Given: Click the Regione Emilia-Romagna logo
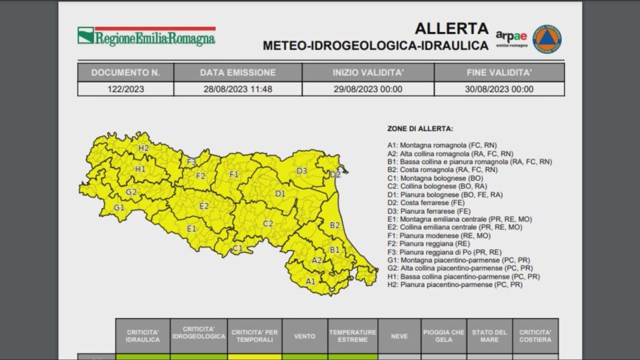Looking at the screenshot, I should click(x=146, y=36).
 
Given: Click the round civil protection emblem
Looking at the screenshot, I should click(x=547, y=39).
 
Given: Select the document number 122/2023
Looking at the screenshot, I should click(x=126, y=89).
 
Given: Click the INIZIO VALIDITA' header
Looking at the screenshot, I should click(x=367, y=72).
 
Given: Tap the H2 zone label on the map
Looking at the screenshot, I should click(x=144, y=148).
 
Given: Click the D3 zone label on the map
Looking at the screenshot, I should click(x=301, y=171).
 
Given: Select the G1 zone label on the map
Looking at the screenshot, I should click(x=119, y=207).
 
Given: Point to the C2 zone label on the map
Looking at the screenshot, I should click(x=267, y=223).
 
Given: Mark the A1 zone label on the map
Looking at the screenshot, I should click(x=310, y=281).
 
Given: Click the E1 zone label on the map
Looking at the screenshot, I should click(x=192, y=229).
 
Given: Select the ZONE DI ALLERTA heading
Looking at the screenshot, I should click(x=420, y=129).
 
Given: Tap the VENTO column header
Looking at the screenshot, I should click(x=304, y=336).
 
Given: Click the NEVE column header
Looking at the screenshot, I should click(x=399, y=336).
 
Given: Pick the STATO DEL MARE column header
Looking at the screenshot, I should click(x=489, y=336).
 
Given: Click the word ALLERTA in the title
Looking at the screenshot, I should click(x=451, y=28).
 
